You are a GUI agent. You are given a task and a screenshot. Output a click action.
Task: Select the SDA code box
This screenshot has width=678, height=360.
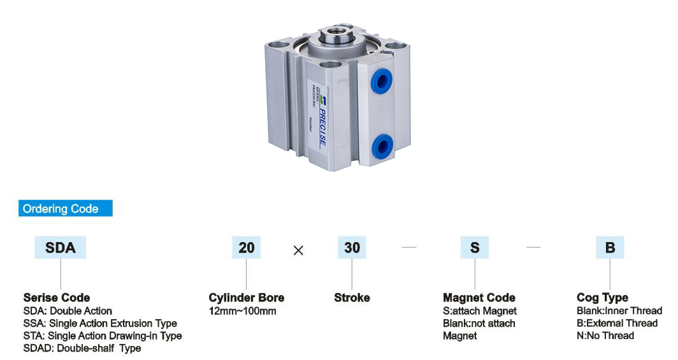pos(61,248)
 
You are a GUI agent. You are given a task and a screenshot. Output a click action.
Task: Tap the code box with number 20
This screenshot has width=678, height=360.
pos(246,248)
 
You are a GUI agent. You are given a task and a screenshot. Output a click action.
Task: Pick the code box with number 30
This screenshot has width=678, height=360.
pos(352,248)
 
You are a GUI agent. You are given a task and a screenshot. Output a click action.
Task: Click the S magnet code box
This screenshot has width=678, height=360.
pos(475,248)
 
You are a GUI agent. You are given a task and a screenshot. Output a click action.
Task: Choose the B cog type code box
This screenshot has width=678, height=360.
pos(610,248)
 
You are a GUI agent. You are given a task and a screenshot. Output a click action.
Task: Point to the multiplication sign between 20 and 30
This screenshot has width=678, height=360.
pos(298,250)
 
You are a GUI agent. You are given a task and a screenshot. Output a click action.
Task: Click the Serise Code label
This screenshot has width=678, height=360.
pos(57,298)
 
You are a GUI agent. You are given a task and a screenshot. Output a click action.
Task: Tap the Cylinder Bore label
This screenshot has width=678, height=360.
pos(247,298)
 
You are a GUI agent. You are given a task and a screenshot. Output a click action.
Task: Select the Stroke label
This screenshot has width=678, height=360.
pos(352,298)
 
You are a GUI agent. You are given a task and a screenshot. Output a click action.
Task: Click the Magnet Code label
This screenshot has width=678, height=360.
pos(479,298)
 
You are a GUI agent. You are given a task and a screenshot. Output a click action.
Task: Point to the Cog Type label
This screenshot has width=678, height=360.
pos(602,298)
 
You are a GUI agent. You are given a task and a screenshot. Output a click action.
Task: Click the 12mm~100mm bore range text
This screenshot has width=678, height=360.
pos(242,311)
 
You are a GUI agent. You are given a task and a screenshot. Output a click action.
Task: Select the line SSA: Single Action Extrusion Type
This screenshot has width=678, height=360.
pos(100,324)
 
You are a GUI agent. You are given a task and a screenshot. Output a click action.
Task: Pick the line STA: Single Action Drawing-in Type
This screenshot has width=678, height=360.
pos(103,336)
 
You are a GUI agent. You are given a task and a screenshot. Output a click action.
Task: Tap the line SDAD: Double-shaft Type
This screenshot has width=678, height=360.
pos(82,349)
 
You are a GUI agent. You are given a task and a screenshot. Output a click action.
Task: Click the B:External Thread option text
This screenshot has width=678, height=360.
pos(617,324)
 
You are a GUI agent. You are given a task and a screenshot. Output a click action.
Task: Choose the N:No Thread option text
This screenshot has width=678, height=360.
pos(605,336)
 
